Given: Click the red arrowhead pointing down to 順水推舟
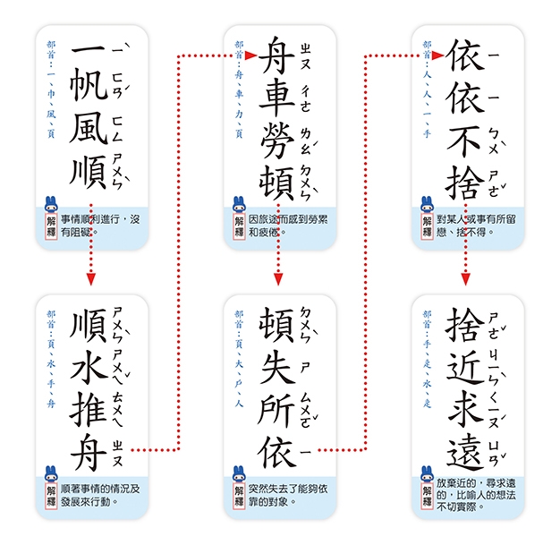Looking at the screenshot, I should point(90,279).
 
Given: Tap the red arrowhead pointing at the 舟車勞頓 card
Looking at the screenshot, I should point(251,56).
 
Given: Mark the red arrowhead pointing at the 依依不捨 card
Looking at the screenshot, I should point(439,56).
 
